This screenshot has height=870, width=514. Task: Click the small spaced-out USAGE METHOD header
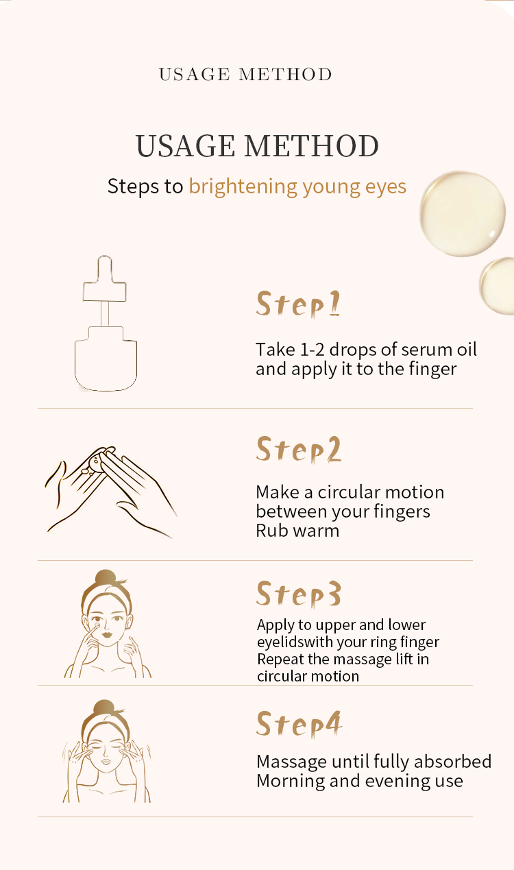(x=245, y=74)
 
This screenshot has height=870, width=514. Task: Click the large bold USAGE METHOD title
(x=257, y=145)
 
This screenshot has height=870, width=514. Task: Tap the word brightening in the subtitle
(x=243, y=186)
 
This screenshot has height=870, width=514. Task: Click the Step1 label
(x=298, y=304)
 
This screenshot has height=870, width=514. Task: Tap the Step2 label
(x=298, y=449)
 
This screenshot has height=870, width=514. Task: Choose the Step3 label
(x=298, y=594)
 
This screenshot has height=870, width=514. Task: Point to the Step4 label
(x=299, y=725)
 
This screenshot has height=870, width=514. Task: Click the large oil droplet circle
(x=463, y=214)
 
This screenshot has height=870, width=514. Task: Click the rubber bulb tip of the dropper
(x=105, y=268)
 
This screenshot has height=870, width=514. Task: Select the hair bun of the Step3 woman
(x=106, y=577)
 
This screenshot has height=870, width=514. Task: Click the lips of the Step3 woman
(x=107, y=636)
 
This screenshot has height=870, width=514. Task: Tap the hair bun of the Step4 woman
(x=104, y=708)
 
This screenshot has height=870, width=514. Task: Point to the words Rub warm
(x=297, y=531)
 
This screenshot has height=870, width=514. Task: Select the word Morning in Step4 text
(x=291, y=782)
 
